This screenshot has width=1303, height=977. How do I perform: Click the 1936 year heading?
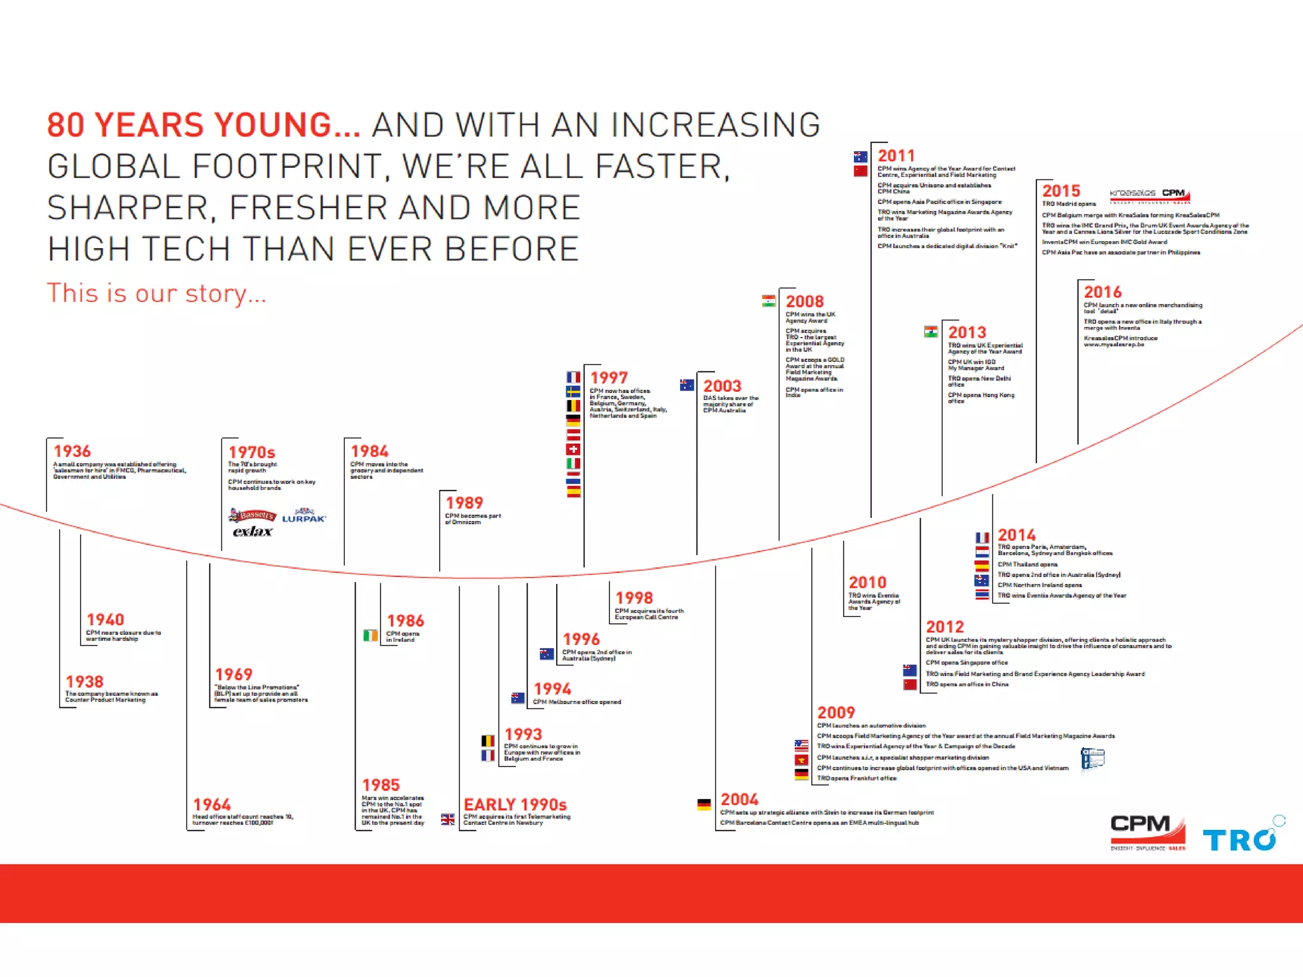[72, 451]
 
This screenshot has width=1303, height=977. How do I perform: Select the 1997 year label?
[608, 378]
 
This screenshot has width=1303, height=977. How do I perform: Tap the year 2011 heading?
[896, 156]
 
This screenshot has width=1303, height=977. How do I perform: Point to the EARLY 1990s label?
[515, 805]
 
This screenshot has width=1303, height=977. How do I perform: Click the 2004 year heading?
[739, 800]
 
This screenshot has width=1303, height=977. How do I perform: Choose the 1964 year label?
[212, 805]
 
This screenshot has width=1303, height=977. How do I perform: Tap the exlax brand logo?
[253, 531]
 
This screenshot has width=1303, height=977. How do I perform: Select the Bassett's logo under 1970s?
[253, 515]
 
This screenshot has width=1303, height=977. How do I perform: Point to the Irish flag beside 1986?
[370, 635]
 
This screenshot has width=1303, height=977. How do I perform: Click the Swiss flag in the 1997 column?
[573, 449]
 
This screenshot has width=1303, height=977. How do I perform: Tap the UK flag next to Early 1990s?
[448, 819]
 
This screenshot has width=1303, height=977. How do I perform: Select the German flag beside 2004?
[704, 805]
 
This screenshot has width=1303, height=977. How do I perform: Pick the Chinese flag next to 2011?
[860, 171]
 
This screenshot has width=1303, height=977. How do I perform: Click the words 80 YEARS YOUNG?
[204, 125]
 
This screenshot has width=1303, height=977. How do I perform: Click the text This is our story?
[157, 293]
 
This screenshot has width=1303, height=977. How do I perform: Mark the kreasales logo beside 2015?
[1132, 193]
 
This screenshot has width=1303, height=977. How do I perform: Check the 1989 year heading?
[464, 502]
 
